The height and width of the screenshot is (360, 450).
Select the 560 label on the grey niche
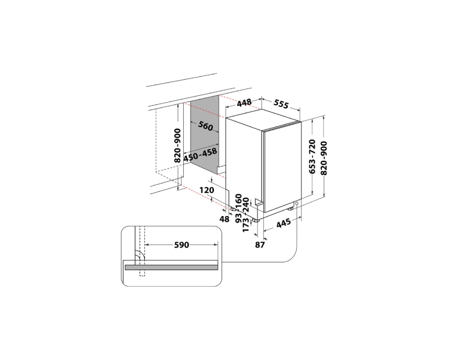coord(206,126)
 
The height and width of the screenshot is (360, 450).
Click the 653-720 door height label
coord(312,156)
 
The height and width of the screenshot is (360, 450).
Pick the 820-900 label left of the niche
coord(178,145)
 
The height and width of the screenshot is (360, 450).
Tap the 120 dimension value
coord(207,190)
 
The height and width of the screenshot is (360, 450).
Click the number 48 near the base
coord(224,219)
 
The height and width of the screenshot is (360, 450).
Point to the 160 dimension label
coord(239,200)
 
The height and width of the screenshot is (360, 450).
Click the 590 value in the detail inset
coord(181,244)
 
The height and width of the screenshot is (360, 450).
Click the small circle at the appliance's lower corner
coord(297,204)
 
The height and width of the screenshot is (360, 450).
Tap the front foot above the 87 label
coord(256,220)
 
